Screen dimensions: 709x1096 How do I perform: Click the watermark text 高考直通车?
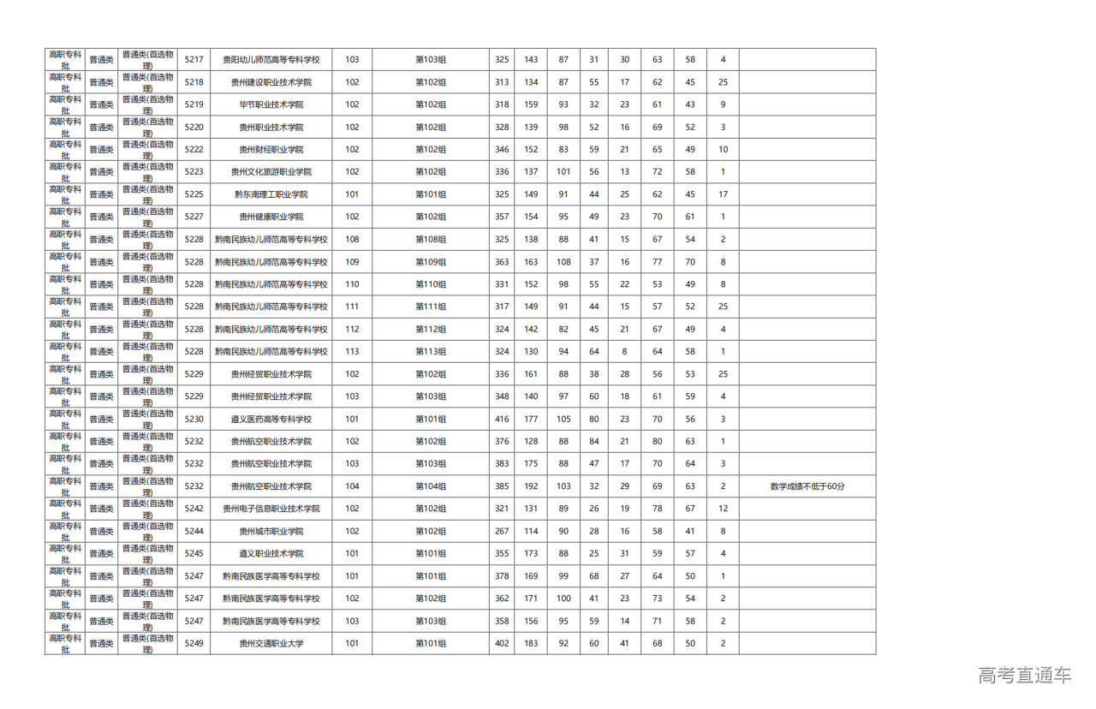click(x=1024, y=676)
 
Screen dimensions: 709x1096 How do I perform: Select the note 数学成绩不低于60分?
click(x=807, y=486)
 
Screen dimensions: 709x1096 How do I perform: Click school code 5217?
click(x=194, y=60)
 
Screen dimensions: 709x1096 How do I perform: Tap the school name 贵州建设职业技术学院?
click(x=271, y=82)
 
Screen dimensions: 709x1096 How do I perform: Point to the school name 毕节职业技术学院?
click(x=271, y=104)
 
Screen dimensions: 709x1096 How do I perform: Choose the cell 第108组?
click(x=431, y=240)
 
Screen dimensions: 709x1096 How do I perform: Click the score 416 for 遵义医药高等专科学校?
click(x=502, y=420)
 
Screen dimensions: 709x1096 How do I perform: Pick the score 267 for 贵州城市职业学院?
click(x=502, y=532)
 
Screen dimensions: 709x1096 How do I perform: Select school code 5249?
click(x=194, y=644)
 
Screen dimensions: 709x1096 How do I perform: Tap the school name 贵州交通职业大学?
click(x=271, y=644)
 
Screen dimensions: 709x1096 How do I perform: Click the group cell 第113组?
click(x=431, y=352)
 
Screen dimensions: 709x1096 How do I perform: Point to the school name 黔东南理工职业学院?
click(x=271, y=194)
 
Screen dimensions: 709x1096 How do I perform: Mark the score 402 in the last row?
click(x=502, y=644)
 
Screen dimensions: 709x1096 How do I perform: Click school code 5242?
click(x=194, y=509)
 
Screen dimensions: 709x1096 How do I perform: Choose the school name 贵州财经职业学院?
click(x=271, y=150)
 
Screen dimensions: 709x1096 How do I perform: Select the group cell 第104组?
click(x=431, y=486)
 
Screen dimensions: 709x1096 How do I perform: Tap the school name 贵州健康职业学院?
click(x=271, y=217)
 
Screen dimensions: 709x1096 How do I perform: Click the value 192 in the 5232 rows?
click(x=531, y=486)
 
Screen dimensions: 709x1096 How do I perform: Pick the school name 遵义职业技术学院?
click(x=271, y=554)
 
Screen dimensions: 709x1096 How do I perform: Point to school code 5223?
click(x=194, y=172)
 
